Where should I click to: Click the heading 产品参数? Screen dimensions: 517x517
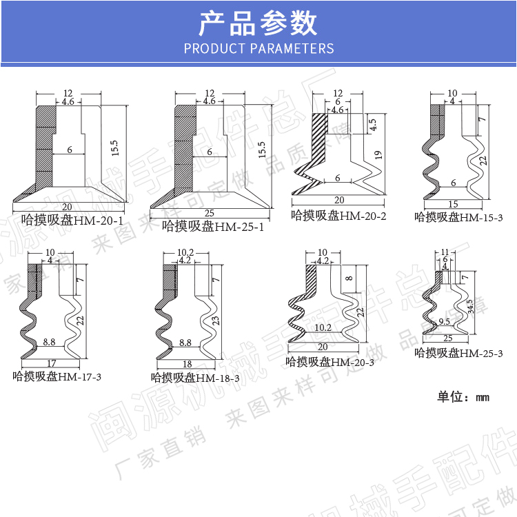(258, 23)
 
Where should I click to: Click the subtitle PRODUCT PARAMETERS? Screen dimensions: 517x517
(258, 48)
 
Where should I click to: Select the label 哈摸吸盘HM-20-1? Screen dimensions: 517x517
(72, 221)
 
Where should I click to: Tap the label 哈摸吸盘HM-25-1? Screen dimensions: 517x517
(213, 225)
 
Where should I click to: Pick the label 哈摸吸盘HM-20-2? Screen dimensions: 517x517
(338, 216)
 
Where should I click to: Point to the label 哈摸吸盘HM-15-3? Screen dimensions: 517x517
(458, 217)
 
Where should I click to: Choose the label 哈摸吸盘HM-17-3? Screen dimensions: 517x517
(57, 376)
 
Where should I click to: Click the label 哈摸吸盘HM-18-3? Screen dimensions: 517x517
(195, 378)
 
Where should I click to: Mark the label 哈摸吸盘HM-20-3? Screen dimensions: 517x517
(330, 361)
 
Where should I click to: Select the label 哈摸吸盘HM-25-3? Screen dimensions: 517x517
(458, 353)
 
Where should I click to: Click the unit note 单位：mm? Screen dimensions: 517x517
(463, 397)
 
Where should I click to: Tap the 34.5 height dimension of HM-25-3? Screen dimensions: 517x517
(469, 306)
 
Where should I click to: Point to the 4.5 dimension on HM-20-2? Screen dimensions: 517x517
(372, 125)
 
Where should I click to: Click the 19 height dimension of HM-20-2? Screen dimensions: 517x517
(378, 156)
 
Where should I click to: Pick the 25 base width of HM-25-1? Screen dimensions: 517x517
(210, 212)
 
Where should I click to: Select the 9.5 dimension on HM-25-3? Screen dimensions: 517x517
(444, 322)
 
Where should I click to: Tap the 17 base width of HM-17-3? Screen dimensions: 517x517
(51, 363)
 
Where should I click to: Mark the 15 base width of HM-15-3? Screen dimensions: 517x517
(453, 204)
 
